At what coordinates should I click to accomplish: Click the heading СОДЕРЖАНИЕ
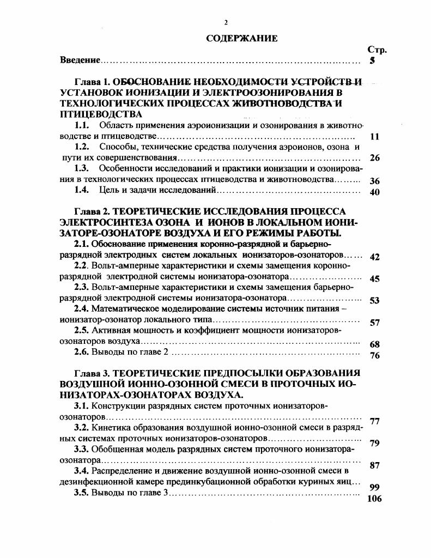[x=242, y=39]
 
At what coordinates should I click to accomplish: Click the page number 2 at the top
[x=226, y=22]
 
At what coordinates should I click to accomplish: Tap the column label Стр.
[x=377, y=50]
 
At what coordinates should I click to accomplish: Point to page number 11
[x=374, y=137]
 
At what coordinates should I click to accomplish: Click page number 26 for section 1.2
[x=374, y=158]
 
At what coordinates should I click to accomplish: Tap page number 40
[x=374, y=192]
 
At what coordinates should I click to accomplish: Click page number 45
[x=374, y=278]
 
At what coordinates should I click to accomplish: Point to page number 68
[x=374, y=344]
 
